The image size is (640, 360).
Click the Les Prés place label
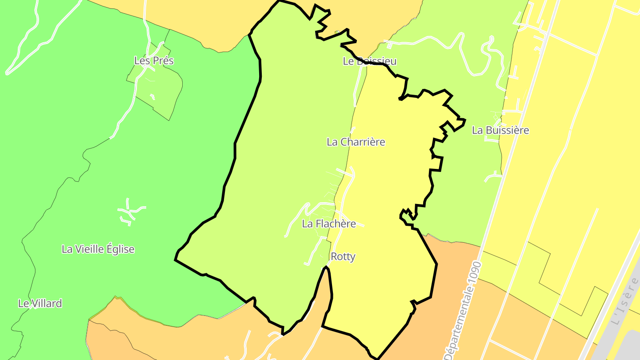[x=154, y=61]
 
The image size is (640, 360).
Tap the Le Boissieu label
[x=369, y=61]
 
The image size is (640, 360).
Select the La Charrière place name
[x=356, y=142]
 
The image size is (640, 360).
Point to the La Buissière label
[x=500, y=131]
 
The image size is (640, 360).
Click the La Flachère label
[x=329, y=224]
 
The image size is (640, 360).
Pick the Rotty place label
[x=343, y=257]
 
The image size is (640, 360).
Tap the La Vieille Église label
[x=98, y=249]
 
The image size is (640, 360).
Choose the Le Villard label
[x=40, y=304]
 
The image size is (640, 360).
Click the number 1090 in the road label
[x=474, y=276]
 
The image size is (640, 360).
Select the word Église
[x=117, y=249]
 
